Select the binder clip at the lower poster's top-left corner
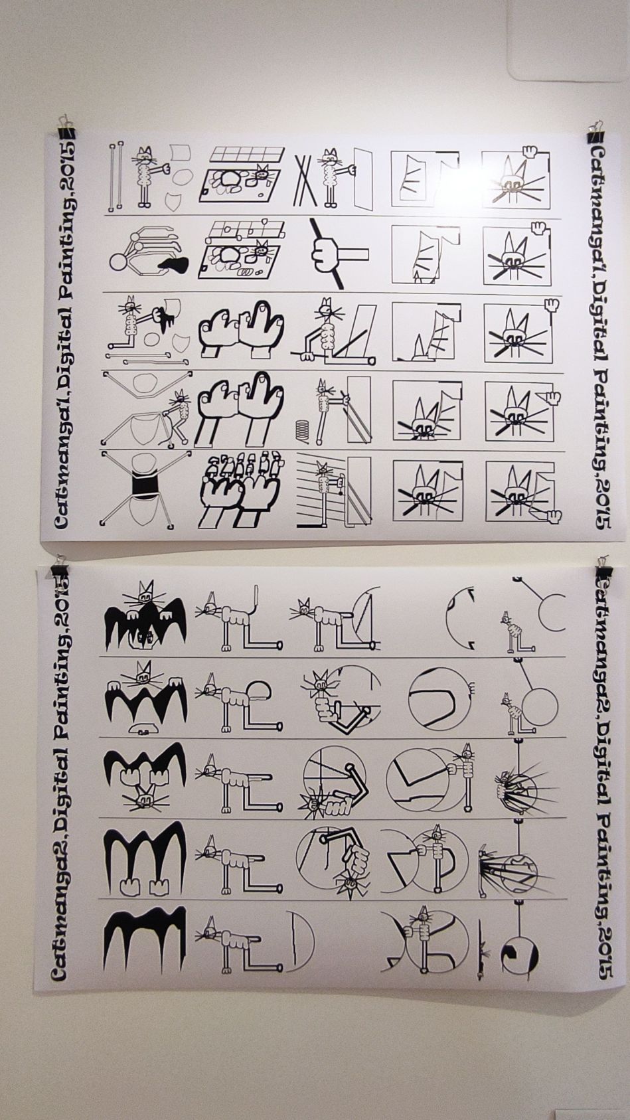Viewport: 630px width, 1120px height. coord(61,568)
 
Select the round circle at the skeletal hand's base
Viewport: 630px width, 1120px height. coord(119,262)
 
